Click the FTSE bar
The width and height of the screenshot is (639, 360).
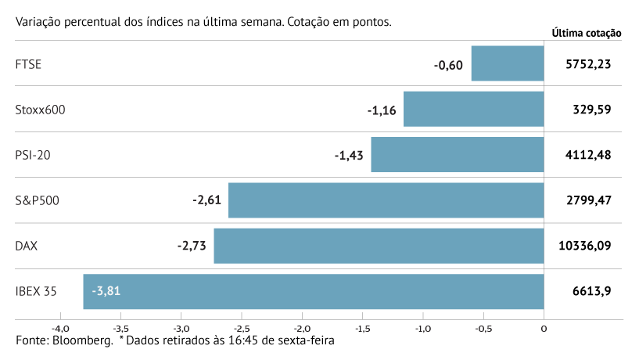(508, 63)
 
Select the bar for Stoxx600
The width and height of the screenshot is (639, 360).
(473, 109)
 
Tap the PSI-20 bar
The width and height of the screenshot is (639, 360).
(457, 154)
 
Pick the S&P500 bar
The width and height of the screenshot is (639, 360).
(386, 200)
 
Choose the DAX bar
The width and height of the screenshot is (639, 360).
(379, 246)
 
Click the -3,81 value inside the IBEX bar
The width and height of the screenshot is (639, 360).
(106, 291)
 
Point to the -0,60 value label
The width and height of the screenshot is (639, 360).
(449, 64)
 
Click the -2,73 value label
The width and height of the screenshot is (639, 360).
(192, 246)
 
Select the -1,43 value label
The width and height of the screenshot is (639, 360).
(349, 155)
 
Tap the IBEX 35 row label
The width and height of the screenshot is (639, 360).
(37, 291)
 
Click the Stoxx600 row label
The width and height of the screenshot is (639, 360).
(40, 110)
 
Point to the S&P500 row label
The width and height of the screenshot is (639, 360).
(38, 200)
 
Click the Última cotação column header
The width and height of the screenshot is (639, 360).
(586, 33)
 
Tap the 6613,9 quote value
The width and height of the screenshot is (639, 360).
(592, 291)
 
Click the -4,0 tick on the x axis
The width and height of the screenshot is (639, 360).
(60, 329)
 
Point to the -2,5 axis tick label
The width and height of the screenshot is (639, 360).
(242, 329)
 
